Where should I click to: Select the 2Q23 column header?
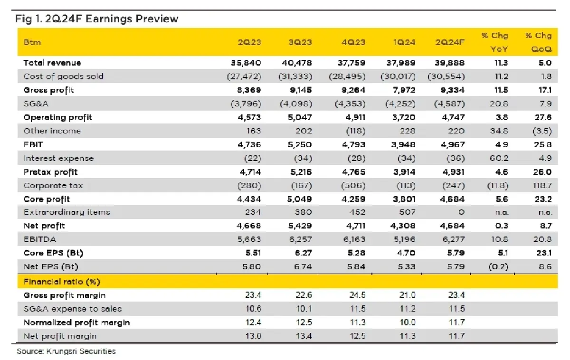249,42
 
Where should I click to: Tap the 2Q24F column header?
450,42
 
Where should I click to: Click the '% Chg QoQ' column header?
539,42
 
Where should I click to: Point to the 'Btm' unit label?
32,42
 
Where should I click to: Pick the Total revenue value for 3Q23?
297,63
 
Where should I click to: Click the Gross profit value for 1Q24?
404,90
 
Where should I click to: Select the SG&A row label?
36,104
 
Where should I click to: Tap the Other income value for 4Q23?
356,131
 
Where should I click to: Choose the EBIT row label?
33,145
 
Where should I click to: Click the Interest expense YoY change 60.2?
499,158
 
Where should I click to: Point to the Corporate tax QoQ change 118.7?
542,186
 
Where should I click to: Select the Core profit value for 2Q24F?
452,199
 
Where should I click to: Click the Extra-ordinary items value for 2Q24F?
461,212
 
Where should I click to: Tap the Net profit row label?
44,226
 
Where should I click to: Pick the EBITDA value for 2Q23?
249,239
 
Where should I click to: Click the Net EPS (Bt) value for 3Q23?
303,266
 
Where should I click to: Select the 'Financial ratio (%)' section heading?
62,282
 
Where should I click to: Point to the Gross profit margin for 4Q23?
357,295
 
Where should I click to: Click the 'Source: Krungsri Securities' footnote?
66,351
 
